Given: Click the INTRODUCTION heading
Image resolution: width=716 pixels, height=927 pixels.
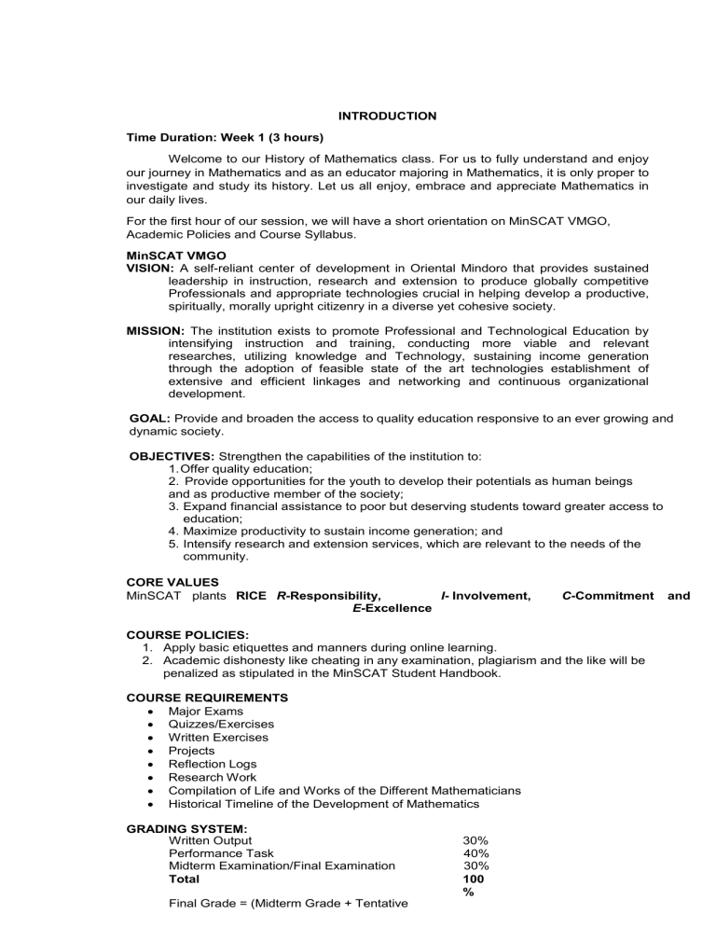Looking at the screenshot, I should [x=386, y=117].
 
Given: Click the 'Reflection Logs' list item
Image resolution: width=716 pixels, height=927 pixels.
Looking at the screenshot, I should [x=212, y=764].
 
